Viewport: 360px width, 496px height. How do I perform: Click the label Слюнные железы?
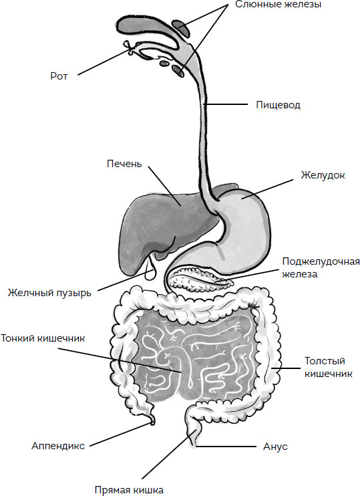(278, 5)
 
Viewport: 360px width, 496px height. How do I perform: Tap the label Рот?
(59, 76)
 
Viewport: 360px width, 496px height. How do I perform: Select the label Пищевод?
(278, 105)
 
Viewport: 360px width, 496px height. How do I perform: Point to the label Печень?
(124, 164)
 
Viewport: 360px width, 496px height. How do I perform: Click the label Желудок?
(323, 175)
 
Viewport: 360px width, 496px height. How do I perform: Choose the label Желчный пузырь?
(49, 293)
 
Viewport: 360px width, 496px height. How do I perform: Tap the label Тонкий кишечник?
(43, 338)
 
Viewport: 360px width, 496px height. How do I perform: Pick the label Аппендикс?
(58, 446)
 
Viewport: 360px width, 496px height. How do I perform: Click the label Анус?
(275, 447)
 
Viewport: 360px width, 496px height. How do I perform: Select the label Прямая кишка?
(129, 490)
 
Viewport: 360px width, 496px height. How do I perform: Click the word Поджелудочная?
(321, 262)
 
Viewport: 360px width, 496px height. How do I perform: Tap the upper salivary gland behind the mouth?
(181, 28)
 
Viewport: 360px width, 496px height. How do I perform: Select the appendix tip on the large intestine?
(152, 420)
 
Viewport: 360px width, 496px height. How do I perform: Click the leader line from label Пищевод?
(226, 104)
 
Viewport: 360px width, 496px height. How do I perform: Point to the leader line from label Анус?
(226, 447)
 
